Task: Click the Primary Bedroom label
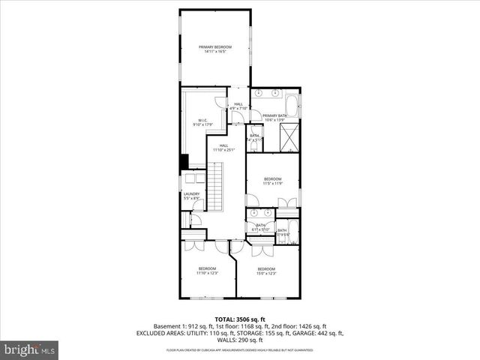[x=215, y=47]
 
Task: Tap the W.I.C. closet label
[x=202, y=120]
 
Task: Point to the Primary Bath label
[x=275, y=115]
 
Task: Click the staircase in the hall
[x=216, y=190]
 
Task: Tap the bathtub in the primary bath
[x=292, y=103]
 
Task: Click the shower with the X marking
[x=289, y=137]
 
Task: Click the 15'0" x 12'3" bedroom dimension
[x=266, y=274]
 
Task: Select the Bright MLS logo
[x=30, y=349]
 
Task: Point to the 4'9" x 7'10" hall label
[x=238, y=106]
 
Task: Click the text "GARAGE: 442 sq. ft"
[x=318, y=333]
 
